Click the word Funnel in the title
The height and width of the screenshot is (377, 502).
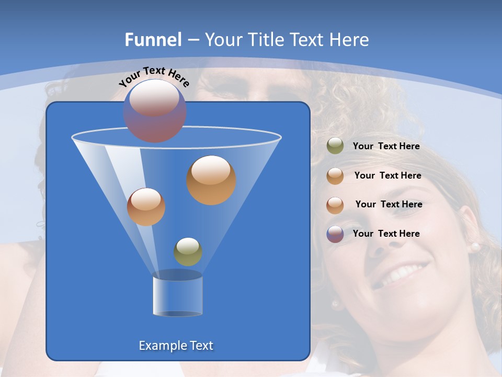pyautogui.click(x=153, y=40)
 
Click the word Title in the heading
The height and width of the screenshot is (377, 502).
pyautogui.click(x=266, y=40)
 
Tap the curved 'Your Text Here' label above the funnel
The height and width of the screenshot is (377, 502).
pyautogui.click(x=154, y=76)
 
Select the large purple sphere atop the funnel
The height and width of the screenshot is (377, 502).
pyautogui.click(x=155, y=110)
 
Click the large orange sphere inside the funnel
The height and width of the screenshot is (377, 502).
pyautogui.click(x=211, y=180)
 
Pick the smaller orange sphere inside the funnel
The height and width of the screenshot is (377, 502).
pyautogui.click(x=146, y=207)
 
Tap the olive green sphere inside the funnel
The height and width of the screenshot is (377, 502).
pyautogui.click(x=188, y=251)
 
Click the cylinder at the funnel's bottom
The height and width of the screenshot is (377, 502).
pyautogui.click(x=177, y=294)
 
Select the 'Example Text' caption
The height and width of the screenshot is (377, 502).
pyautogui.click(x=176, y=346)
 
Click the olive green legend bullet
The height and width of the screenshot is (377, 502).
pyautogui.click(x=335, y=146)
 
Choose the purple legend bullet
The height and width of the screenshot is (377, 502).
pyautogui.click(x=335, y=234)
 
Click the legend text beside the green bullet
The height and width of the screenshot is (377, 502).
pyautogui.click(x=386, y=147)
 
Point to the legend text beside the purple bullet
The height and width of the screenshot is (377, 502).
pyautogui.click(x=386, y=234)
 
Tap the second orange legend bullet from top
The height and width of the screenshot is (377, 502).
pyautogui.click(x=335, y=205)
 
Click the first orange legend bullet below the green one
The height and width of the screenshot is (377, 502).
pyautogui.click(x=335, y=176)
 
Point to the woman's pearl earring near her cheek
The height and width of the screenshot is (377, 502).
pyautogui.click(x=475, y=246)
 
